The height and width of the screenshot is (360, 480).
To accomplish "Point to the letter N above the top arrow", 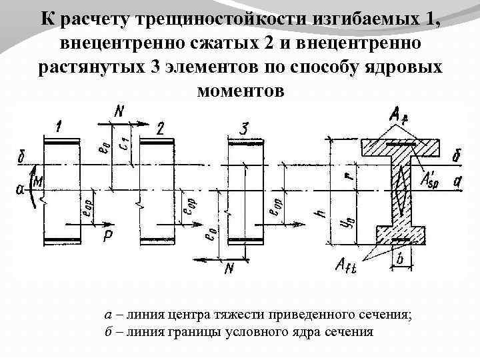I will click(x=119, y=111).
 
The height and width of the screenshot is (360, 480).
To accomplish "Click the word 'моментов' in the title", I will click(x=240, y=89).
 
